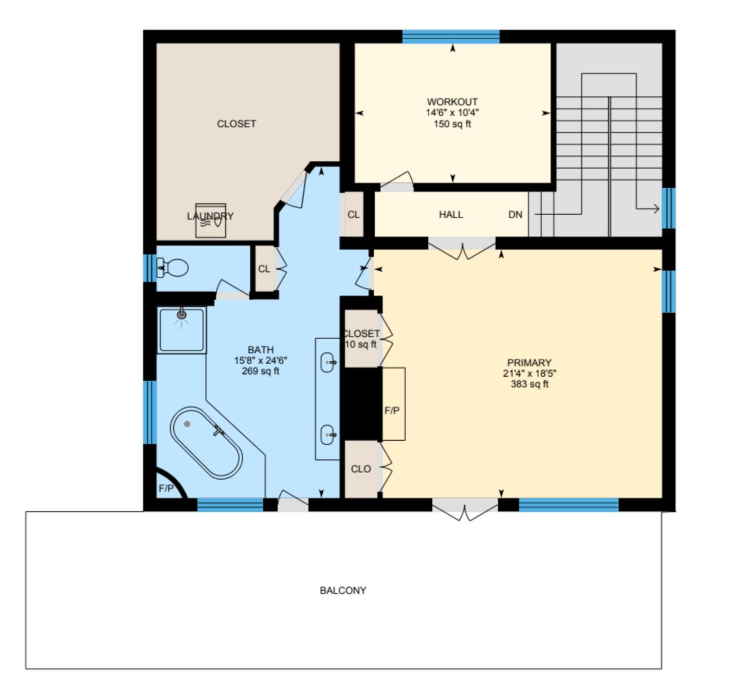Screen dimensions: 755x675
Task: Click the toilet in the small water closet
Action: click(172, 268)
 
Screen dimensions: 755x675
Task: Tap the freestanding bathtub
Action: click(206, 443)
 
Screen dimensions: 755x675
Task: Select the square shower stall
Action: click(181, 330)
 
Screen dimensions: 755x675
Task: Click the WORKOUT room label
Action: click(452, 102)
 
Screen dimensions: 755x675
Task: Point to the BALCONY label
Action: click(343, 590)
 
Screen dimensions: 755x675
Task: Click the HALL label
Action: click(451, 215)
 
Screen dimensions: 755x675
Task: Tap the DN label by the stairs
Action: click(515, 215)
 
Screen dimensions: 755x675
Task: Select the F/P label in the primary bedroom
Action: click(392, 411)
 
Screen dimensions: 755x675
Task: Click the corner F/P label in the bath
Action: click(166, 488)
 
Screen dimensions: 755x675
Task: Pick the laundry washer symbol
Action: click(210, 220)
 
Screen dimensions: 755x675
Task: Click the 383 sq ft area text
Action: click(530, 384)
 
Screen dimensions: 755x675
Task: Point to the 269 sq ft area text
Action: click(260, 371)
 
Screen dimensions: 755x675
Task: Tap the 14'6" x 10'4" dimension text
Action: click(452, 113)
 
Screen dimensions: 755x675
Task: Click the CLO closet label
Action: click(361, 469)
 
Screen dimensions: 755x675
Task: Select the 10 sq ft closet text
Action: click(361, 344)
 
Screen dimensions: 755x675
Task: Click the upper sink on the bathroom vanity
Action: click(329, 362)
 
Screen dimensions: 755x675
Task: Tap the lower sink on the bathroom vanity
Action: click(329, 434)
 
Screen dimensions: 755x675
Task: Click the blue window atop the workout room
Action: click(451, 37)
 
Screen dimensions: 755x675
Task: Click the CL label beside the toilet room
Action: click(264, 269)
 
